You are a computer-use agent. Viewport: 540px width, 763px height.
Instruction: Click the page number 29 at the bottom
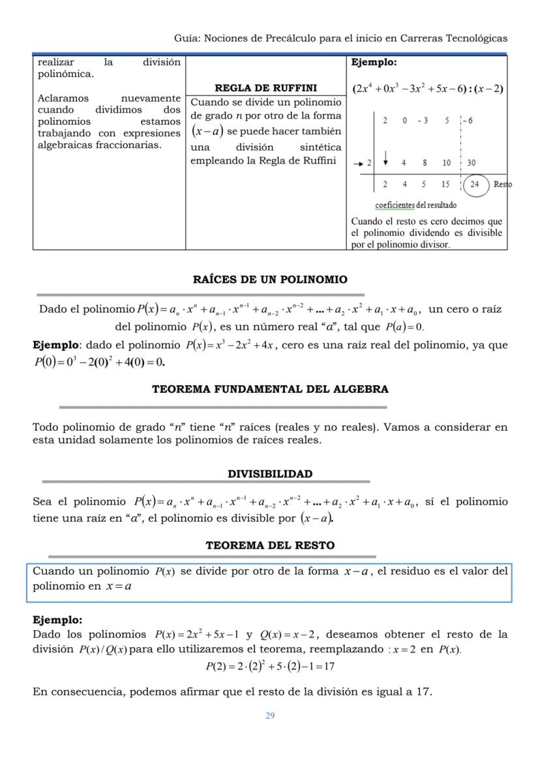[x=270, y=715]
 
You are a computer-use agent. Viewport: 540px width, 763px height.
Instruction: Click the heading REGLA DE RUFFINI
[x=265, y=88]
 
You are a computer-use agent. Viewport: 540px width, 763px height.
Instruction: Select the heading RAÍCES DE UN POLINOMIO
[x=270, y=280]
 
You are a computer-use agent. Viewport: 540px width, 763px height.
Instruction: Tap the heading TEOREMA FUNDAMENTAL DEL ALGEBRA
[x=270, y=389]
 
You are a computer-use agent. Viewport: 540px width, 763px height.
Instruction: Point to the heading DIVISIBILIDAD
[x=270, y=474]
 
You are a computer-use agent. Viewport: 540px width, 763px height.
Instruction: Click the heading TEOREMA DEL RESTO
[x=270, y=545]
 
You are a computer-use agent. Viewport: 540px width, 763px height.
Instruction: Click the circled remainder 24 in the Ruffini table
[x=475, y=184]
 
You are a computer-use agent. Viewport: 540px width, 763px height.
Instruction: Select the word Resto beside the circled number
[x=502, y=184]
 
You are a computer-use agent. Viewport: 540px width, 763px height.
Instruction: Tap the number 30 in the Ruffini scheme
[x=471, y=163]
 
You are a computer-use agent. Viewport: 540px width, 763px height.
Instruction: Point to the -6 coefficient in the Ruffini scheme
[x=468, y=121]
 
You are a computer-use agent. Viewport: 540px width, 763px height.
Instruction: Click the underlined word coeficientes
[x=396, y=205]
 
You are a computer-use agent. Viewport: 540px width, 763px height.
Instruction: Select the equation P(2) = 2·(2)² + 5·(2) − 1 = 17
[x=270, y=666]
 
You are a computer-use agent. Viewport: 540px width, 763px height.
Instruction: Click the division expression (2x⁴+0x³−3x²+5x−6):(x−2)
[x=427, y=89]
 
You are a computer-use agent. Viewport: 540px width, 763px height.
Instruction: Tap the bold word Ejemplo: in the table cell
[x=374, y=63]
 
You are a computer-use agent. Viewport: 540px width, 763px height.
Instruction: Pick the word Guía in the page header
[x=187, y=38]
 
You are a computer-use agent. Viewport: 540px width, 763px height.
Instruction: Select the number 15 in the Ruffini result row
[x=445, y=184]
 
